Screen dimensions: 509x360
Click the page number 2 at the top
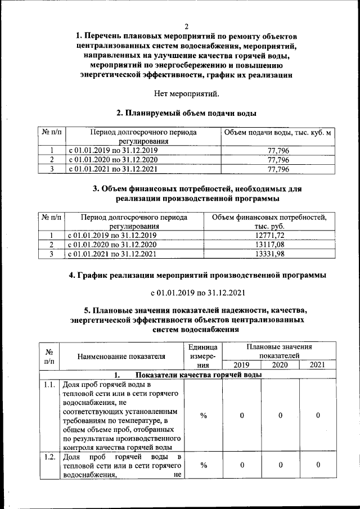click(186, 26)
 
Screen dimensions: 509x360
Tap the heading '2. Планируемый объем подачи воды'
click(186, 113)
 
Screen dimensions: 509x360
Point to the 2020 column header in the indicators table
click(280, 365)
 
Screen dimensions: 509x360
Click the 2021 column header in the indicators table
click(318, 365)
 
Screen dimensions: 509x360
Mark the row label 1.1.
click(49, 385)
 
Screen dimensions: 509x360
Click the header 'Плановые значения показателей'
click(280, 352)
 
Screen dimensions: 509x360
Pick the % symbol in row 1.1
click(204, 416)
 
